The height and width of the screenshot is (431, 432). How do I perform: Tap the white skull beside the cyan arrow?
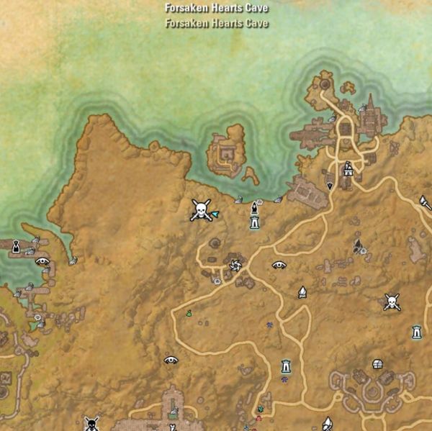200,210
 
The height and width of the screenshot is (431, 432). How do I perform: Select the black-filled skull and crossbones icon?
91,423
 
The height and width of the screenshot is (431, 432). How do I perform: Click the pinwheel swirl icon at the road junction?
235,266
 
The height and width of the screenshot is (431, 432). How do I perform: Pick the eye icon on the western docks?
42,261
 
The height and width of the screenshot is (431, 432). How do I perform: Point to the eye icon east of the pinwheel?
279,265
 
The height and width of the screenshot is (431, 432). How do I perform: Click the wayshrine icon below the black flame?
254,223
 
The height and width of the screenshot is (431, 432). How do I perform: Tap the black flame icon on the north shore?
254,209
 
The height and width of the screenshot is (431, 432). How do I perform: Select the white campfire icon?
302,292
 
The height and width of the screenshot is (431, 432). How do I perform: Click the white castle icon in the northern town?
348,169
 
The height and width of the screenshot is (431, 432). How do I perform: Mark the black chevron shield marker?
330,185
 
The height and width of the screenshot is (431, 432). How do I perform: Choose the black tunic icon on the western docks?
16,247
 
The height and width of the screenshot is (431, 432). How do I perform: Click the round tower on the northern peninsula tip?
324,84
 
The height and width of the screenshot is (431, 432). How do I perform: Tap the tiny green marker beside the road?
189,313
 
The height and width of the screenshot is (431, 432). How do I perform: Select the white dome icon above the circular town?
377,364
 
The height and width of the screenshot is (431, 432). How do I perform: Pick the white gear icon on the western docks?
37,317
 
